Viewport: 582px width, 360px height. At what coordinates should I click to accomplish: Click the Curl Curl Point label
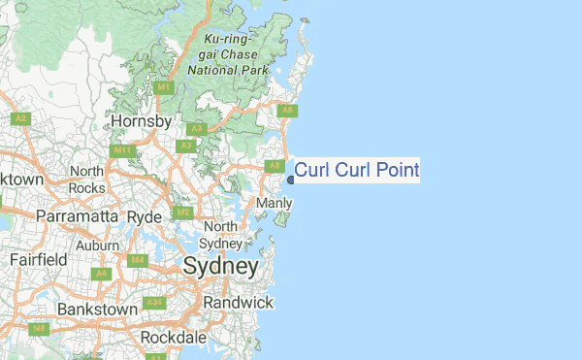(x=357, y=171)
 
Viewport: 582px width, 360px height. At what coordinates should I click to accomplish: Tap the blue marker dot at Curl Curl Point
(x=290, y=180)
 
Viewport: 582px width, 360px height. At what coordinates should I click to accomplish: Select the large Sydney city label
(x=221, y=267)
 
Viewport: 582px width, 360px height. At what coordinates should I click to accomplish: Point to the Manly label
(x=274, y=203)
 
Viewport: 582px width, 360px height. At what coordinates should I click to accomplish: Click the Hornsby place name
(x=142, y=121)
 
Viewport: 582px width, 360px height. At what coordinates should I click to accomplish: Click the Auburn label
(x=97, y=245)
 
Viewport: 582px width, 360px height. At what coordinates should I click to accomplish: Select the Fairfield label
(x=39, y=260)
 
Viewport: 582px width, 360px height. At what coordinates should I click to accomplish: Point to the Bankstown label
(x=97, y=309)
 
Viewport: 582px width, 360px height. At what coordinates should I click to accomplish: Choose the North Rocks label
(x=86, y=180)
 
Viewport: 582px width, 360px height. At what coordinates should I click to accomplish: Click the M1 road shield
(x=163, y=87)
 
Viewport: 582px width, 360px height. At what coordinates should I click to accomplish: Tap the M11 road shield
(x=122, y=151)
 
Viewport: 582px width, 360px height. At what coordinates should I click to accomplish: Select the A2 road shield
(x=19, y=118)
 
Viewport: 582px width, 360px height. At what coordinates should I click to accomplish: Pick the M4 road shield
(x=138, y=260)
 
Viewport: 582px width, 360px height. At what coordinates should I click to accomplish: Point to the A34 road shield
(x=153, y=304)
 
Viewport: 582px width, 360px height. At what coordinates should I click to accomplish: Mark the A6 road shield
(x=101, y=274)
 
